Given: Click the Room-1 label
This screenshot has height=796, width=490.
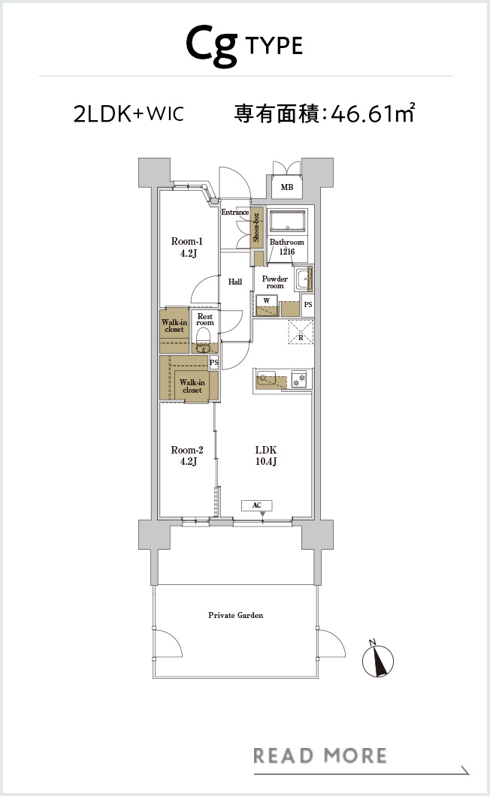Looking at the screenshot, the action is (187, 247).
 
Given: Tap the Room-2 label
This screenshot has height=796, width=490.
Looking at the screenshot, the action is (187, 455).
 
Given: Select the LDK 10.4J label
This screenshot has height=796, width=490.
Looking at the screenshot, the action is (266, 455).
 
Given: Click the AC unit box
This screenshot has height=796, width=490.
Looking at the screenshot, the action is (257, 505).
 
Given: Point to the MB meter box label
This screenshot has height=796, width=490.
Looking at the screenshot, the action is (286, 187).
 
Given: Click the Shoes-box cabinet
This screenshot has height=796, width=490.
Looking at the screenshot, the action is (257, 228).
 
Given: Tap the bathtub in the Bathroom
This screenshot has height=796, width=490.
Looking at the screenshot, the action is (287, 222).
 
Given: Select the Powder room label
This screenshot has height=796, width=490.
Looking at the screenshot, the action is (275, 282).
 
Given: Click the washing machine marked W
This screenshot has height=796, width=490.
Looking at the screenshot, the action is (266, 306).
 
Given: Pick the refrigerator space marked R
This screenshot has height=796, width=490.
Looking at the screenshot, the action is (301, 332).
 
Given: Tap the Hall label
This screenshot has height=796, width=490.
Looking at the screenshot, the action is (234, 282).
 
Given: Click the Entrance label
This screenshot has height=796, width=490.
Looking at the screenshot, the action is (234, 213).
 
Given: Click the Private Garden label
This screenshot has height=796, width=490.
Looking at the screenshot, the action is (236, 615).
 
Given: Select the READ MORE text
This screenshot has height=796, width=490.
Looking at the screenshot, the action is (319, 756).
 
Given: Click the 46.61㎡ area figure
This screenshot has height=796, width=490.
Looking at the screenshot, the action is (373, 113).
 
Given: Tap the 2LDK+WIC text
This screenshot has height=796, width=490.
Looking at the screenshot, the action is (129, 113).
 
